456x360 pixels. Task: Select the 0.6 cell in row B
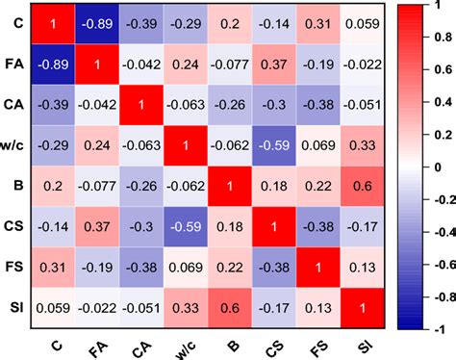point(363,193)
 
